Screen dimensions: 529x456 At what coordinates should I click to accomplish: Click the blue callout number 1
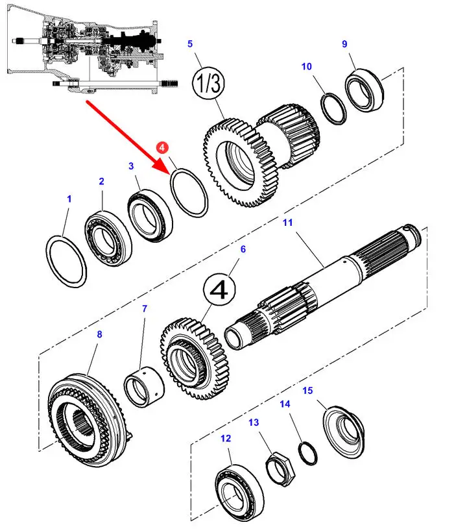coord(69,199)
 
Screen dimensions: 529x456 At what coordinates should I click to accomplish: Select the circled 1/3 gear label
coord(208,84)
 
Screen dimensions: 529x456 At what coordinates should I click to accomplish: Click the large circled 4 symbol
coord(221,291)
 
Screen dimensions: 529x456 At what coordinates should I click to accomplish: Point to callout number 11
coord(287,223)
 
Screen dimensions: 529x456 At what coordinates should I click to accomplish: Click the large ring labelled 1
coord(67,262)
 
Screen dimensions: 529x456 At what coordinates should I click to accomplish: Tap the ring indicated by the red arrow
coord(189,193)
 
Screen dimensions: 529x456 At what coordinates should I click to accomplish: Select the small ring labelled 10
coord(335,108)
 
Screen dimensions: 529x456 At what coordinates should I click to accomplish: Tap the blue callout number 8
coord(99,335)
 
